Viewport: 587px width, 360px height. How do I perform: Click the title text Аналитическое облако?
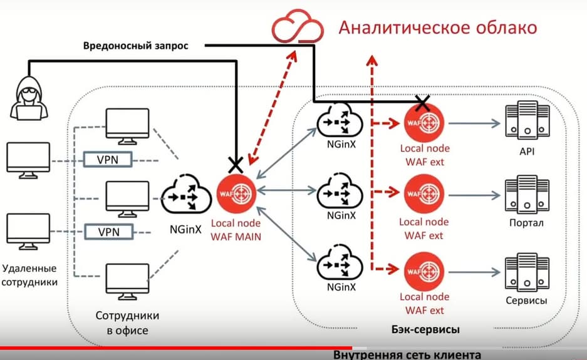coord(437,28)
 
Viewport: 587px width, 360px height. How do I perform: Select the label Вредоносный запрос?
coord(135,46)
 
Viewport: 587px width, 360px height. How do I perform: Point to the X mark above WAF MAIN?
coord(236,165)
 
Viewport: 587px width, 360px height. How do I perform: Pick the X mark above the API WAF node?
coord(423,103)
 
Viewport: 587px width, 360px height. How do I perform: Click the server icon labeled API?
coord(526,121)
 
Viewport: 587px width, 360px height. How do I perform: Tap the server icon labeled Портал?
coord(526,194)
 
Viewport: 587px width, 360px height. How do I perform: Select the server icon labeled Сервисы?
coord(526,270)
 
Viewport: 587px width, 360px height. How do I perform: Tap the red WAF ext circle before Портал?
coord(424,195)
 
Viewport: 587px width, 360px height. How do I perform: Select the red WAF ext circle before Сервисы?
coord(424,270)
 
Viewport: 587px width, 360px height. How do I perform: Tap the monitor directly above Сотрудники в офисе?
coord(128,281)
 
